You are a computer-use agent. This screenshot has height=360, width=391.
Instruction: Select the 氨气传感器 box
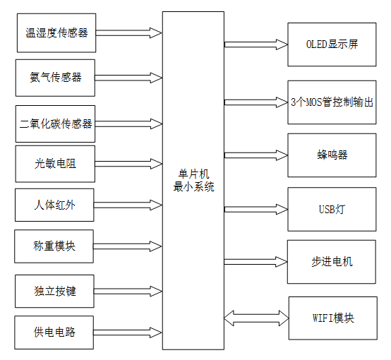(x=55, y=77)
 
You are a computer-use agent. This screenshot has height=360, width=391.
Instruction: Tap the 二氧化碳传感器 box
(x=55, y=124)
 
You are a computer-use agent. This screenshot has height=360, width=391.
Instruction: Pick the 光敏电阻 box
(x=55, y=164)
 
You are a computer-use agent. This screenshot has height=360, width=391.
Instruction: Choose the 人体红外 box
(x=55, y=205)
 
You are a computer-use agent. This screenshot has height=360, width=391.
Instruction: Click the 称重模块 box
(x=55, y=246)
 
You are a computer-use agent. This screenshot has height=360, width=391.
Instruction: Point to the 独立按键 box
(x=55, y=291)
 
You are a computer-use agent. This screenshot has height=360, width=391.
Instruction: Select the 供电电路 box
(x=55, y=332)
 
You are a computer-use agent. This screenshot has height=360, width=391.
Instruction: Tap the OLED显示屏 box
(x=332, y=44)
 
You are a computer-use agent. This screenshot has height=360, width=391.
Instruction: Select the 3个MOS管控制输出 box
(x=332, y=102)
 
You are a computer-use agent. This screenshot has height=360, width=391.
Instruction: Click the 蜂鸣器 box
(x=332, y=155)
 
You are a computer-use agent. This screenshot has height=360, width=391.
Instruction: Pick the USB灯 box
(x=332, y=209)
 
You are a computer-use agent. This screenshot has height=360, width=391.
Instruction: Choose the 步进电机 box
(x=332, y=261)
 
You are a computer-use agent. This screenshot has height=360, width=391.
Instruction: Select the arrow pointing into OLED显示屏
(x=256, y=44)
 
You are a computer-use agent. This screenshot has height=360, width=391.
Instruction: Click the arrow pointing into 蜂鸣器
(x=256, y=155)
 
